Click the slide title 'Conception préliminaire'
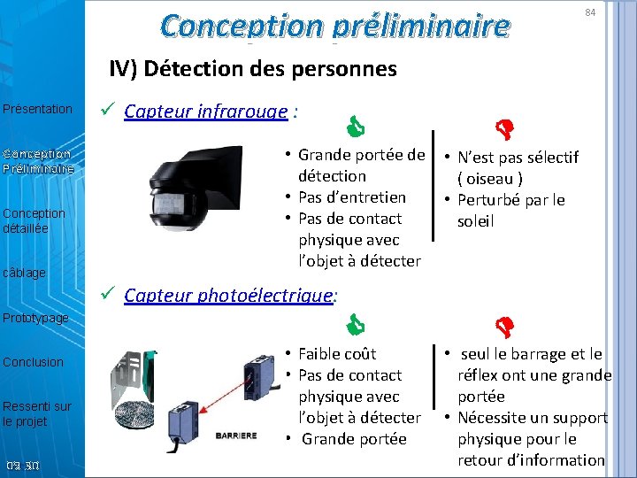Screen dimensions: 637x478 click(x=335, y=26)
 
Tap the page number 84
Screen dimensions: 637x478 click(x=590, y=12)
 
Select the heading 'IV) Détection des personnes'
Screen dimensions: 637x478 click(x=253, y=69)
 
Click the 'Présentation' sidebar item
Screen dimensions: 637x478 click(x=38, y=109)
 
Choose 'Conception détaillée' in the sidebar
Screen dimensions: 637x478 click(x=34, y=220)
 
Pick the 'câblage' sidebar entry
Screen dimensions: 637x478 click(x=25, y=273)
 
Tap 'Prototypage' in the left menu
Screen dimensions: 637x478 click(x=35, y=318)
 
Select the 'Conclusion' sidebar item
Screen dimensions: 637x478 click(x=34, y=362)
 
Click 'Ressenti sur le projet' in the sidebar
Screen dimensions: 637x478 click(x=36, y=413)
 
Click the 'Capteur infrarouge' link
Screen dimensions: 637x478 click(x=206, y=112)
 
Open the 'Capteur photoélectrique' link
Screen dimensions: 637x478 click(x=228, y=296)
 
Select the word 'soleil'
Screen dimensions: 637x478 click(x=475, y=221)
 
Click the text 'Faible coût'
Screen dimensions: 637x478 click(x=337, y=354)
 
